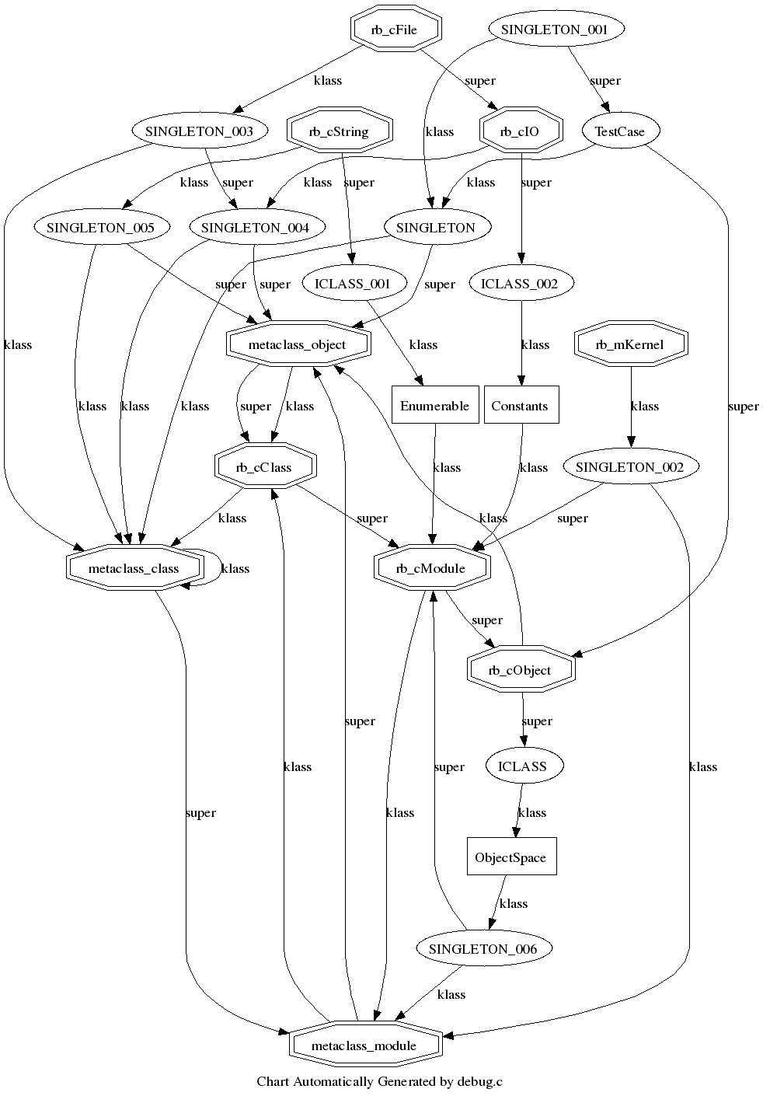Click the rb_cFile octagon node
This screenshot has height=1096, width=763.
coord(394,30)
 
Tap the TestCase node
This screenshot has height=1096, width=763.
coord(619,131)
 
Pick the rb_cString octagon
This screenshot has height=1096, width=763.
coord(339,131)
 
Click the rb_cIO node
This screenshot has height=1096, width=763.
coord(520,131)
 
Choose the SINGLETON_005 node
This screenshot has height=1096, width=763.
coord(95,228)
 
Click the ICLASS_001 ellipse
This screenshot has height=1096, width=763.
coord(351,283)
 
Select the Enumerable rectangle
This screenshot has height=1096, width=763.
coord(434,406)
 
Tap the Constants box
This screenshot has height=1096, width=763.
coord(520,406)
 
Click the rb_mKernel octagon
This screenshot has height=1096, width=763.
coord(630,344)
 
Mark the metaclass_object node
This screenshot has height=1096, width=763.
coord(297,344)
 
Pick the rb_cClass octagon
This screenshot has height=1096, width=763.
coord(264,467)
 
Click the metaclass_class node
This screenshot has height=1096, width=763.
coord(134,568)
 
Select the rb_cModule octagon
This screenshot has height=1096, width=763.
coord(430,568)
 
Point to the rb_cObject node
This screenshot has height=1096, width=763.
coord(520,670)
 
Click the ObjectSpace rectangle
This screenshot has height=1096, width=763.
coord(510,857)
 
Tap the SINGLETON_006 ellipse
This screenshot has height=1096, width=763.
coord(483,949)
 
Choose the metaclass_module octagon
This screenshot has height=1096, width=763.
coord(364,1045)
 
